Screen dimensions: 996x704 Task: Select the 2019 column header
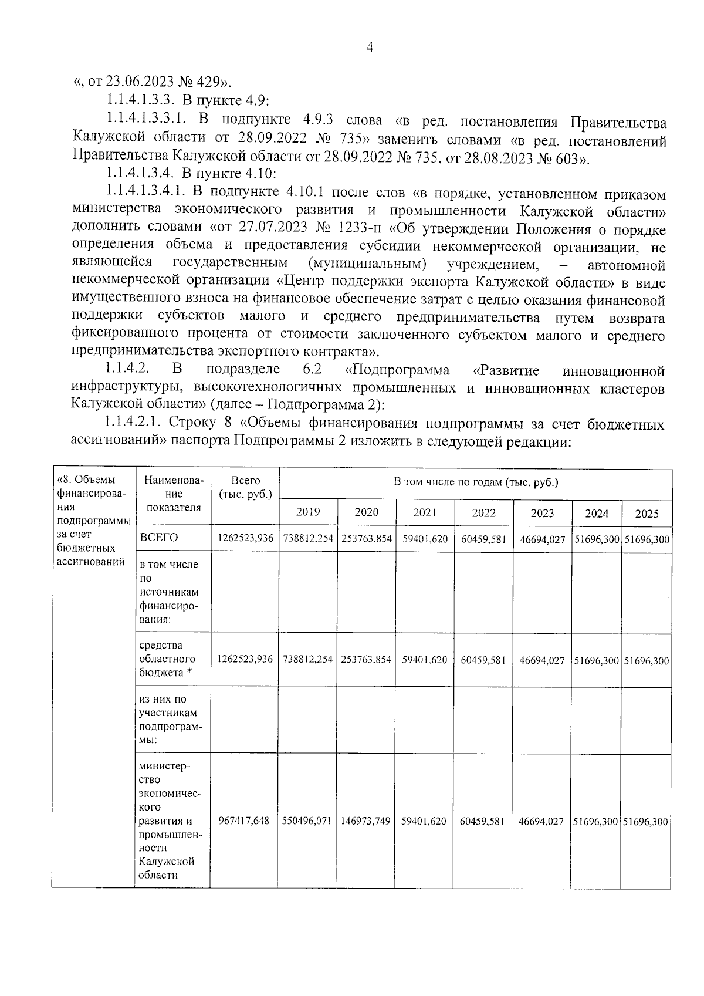click(x=308, y=512)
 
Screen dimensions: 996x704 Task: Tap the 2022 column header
click(x=484, y=512)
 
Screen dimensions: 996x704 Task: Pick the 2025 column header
click(x=647, y=514)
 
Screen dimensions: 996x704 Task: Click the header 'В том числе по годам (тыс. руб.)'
click(x=475, y=482)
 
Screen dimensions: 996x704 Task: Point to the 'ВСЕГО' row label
click(x=159, y=538)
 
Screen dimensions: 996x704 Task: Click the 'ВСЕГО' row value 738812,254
click(x=308, y=539)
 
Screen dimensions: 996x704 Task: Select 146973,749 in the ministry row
click(x=366, y=821)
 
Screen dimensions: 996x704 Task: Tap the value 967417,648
click(x=243, y=821)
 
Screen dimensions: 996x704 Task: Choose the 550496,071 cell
click(x=308, y=821)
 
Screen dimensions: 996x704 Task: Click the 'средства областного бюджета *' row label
click(x=168, y=659)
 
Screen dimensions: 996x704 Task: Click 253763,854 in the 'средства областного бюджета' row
click(x=366, y=659)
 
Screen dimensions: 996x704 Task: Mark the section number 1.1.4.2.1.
click(x=135, y=423)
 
